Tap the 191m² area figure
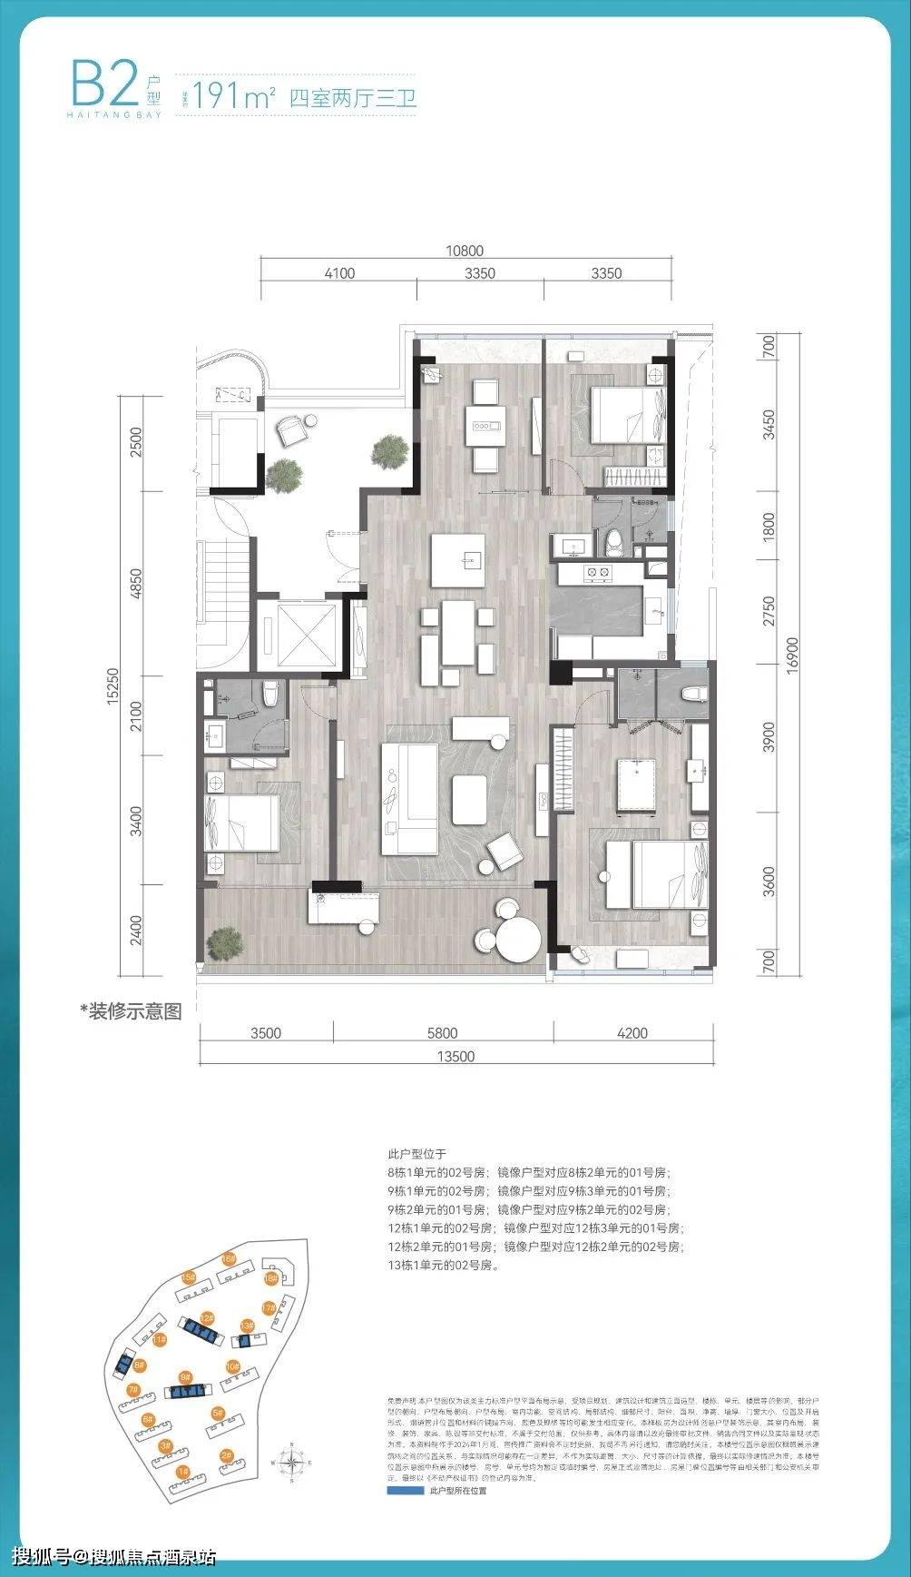(234, 97)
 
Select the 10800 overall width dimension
(464, 251)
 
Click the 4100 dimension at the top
(338, 273)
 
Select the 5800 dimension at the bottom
(442, 1032)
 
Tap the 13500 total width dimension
(455, 1056)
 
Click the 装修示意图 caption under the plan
(131, 1010)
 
